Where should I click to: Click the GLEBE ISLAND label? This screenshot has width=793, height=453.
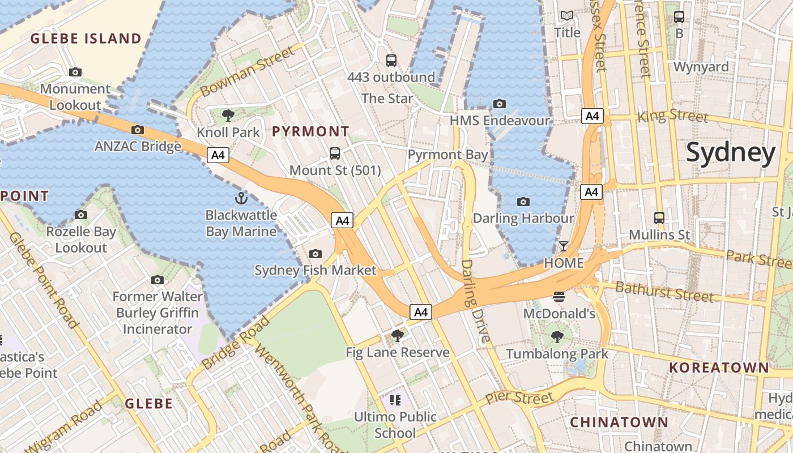tap(86, 39)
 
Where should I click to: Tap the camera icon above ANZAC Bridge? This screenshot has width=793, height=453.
tap(138, 130)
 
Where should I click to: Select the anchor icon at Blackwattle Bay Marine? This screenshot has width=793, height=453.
tap(241, 198)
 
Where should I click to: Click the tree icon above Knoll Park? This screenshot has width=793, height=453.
tap(228, 116)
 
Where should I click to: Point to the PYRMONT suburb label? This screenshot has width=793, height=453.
tap(310, 131)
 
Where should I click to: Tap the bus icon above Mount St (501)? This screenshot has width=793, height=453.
tap(335, 153)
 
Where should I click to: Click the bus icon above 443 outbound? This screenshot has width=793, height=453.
tap(391, 61)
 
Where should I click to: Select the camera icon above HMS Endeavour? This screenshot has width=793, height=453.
tap(499, 104)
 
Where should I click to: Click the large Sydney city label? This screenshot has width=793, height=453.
tap(731, 153)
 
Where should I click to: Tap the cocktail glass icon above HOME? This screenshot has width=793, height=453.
tap(564, 246)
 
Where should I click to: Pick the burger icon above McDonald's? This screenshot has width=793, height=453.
tap(559, 297)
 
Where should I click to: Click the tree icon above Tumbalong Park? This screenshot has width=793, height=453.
tap(557, 337)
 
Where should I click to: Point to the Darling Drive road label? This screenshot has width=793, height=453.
tap(475, 301)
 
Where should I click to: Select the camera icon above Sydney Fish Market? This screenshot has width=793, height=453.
tap(316, 254)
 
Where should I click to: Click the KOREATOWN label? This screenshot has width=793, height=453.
tap(719, 367)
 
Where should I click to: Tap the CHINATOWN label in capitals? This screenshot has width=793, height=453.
tap(619, 422)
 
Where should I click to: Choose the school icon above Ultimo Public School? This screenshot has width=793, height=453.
tap(395, 400)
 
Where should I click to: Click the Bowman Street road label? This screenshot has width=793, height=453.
tap(248, 72)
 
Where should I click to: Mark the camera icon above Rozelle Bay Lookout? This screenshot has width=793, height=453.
tap(81, 215)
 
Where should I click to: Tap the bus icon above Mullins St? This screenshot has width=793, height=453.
tap(659, 218)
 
